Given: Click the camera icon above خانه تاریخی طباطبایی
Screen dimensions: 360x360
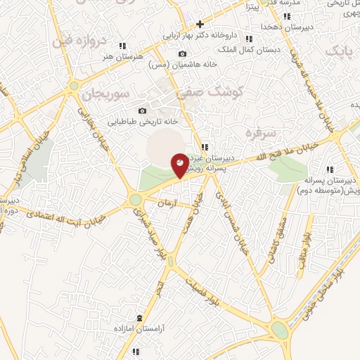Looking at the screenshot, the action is pyautogui.click(x=143, y=110).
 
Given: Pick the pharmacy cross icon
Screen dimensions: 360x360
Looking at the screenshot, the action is pyautogui.click(x=200, y=23).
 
